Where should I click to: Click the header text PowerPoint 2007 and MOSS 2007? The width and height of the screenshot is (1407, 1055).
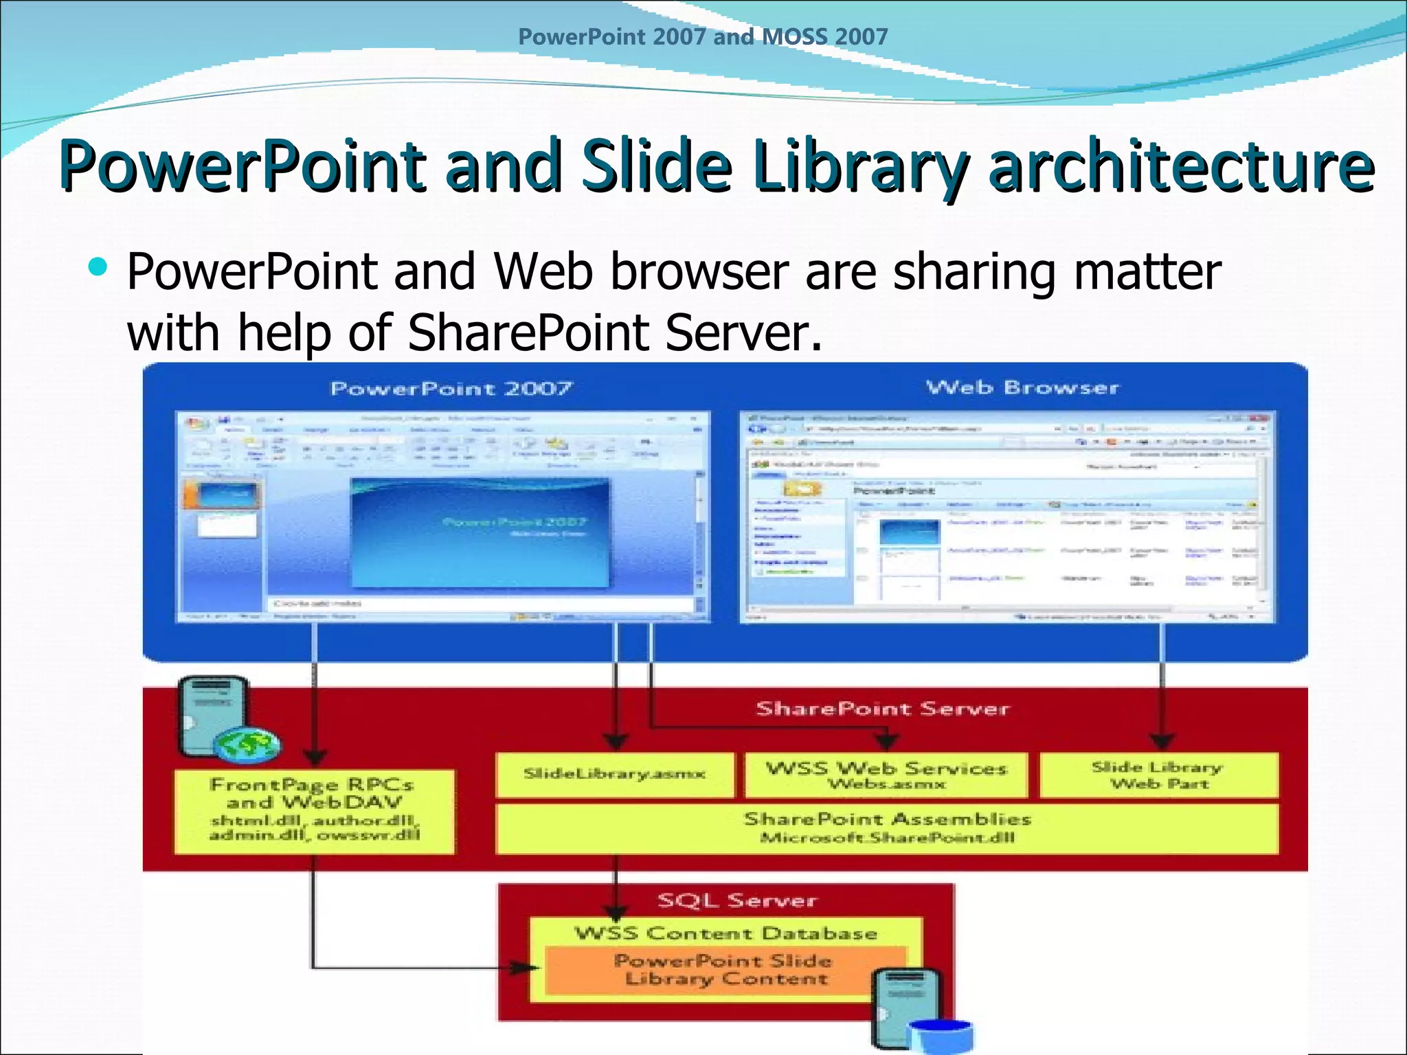pos(703,36)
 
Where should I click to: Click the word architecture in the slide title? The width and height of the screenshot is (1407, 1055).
pos(1181,167)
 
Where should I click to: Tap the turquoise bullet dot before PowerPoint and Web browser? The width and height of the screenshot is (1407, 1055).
pos(98,266)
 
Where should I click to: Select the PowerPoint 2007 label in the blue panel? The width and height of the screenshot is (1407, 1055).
pos(451,389)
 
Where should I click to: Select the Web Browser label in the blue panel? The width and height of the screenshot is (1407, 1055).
pos(1022,387)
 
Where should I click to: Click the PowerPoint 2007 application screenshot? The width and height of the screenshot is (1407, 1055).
pos(443,517)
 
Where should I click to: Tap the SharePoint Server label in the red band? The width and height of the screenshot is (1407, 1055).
pos(883,709)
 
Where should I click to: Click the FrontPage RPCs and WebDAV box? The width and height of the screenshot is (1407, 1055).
pos(314,811)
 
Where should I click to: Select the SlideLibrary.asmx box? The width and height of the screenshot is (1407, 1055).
pos(614,775)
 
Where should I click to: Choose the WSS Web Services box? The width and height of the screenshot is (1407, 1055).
pos(886,775)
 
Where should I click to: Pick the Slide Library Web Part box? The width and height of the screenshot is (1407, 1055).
pos(1158,775)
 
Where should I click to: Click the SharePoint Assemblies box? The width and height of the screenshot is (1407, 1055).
pos(886,828)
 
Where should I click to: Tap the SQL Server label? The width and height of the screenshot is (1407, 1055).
pos(737,900)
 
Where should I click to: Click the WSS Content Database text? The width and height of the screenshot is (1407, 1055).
pos(725,933)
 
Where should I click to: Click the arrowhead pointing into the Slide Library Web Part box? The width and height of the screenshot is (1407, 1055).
pos(1162,742)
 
